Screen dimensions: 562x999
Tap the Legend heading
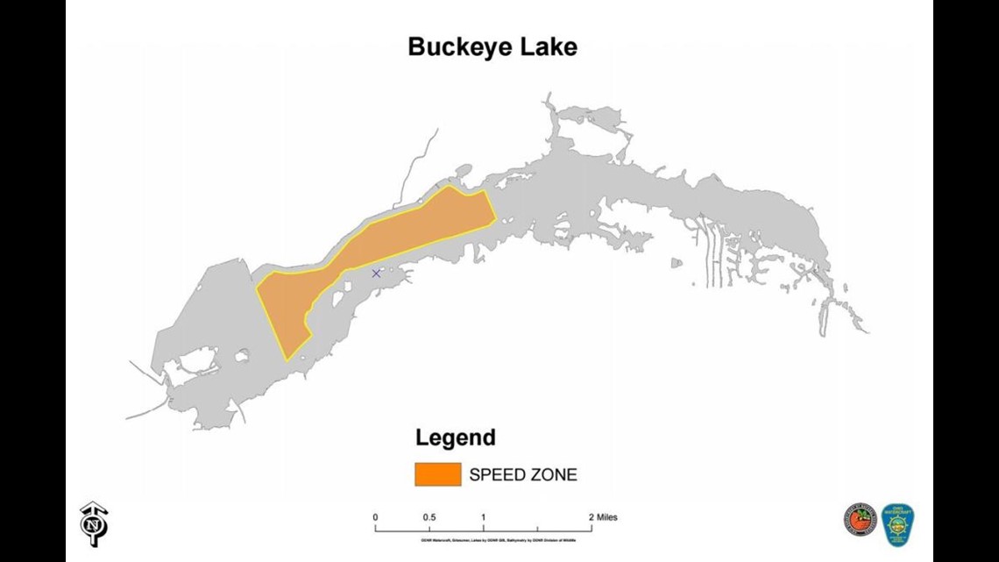pyautogui.click(x=455, y=438)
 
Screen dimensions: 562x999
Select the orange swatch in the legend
pyautogui.click(x=437, y=475)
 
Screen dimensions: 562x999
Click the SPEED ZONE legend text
pyautogui.click(x=523, y=475)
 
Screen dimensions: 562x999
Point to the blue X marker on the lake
pyautogui.click(x=376, y=274)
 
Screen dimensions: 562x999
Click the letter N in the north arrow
pyautogui.click(x=90, y=526)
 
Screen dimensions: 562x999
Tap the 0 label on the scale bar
pyautogui.click(x=375, y=517)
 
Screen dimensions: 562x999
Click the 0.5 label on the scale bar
pyautogui.click(x=429, y=517)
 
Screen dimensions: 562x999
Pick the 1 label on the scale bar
pyautogui.click(x=484, y=517)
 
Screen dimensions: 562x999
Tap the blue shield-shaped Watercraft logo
pyautogui.click(x=896, y=524)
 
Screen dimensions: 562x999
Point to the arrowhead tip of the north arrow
pyautogui.click(x=92, y=504)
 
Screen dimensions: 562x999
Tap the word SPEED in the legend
pyautogui.click(x=497, y=475)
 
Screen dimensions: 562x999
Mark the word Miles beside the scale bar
pyautogui.click(x=606, y=517)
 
